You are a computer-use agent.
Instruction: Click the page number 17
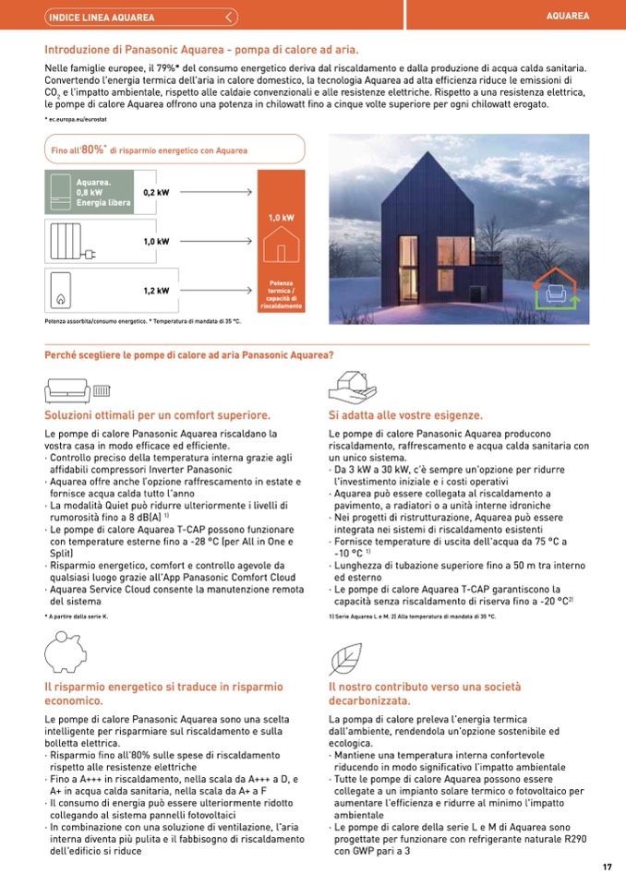[x=607, y=866]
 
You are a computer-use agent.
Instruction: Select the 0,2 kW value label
[x=156, y=192]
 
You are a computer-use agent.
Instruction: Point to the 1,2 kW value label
[x=156, y=291]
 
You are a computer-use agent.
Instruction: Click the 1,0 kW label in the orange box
[x=281, y=217]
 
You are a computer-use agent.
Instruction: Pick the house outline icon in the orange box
[x=281, y=247]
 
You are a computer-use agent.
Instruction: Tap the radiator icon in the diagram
[x=67, y=242]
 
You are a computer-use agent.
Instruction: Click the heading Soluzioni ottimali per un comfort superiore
[x=157, y=415]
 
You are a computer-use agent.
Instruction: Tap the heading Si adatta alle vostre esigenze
[x=405, y=415]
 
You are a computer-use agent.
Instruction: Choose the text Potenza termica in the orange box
[x=281, y=287]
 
